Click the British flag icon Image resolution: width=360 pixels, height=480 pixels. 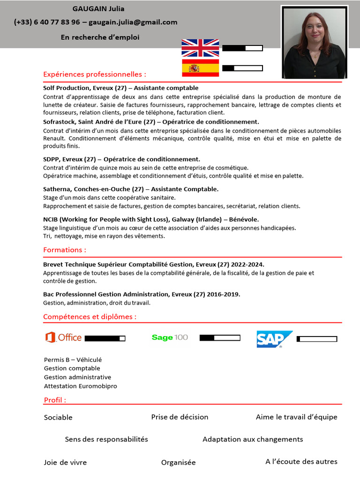200,48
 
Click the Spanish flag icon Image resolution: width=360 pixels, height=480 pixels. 200,68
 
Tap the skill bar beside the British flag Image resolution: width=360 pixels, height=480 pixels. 242,48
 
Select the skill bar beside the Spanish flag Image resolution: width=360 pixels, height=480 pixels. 242,68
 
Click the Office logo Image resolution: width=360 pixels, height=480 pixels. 63,337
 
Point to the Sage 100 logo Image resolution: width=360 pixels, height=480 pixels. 170,337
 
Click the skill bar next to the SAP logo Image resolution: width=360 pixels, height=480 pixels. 317,339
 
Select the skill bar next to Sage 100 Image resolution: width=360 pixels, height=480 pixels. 220,337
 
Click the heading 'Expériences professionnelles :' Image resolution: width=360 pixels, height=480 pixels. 94,74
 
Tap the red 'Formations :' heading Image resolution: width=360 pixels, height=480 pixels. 65,250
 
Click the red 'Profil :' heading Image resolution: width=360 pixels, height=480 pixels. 55,400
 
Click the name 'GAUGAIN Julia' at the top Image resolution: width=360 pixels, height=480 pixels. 98,9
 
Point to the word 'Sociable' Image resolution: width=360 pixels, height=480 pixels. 58,417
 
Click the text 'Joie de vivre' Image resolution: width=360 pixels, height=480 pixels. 65,462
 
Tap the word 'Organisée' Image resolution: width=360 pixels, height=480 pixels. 179,462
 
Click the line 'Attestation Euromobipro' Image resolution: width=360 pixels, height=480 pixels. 81,386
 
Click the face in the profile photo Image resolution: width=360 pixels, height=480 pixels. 315,29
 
